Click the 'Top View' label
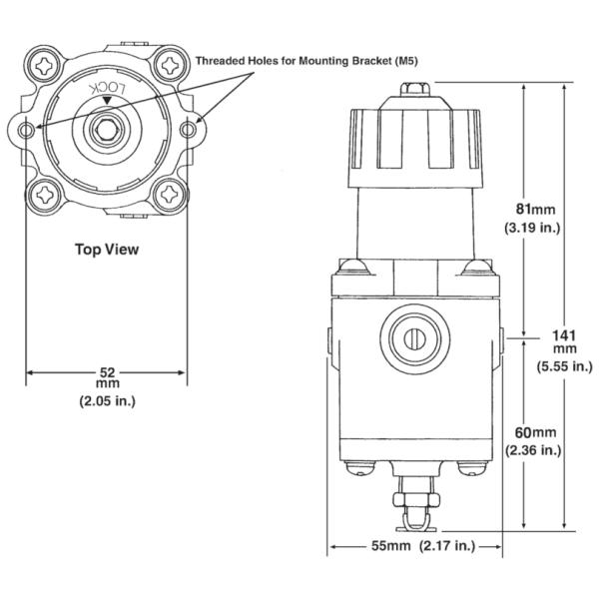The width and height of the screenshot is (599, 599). click(107, 250)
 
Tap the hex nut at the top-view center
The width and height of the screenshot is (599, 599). click(106, 128)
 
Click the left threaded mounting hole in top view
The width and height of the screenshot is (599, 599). click(27, 128)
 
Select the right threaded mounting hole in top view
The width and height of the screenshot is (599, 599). click(187, 128)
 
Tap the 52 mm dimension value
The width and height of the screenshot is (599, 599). click(106, 371)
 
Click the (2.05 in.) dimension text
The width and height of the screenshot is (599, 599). click(106, 401)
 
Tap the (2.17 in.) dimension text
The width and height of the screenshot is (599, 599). click(447, 547)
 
